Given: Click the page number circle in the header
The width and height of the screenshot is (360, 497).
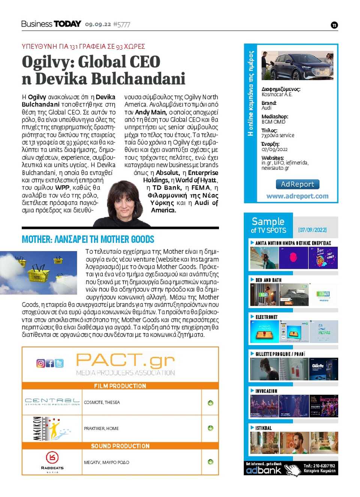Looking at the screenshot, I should pyautogui.click(x=334, y=25).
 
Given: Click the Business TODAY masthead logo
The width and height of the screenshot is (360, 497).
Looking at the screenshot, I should pyautogui.click(x=51, y=24).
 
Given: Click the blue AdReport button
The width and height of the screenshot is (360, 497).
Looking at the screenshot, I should pyautogui.click(x=297, y=184).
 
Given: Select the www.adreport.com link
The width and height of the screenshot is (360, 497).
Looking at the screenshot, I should pyautogui.click(x=297, y=196).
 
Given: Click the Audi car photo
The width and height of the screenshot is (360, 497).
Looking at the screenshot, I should pyautogui.click(x=297, y=65).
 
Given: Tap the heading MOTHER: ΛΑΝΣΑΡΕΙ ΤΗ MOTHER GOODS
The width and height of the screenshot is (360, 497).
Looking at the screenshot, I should pyautogui.click(x=88, y=240).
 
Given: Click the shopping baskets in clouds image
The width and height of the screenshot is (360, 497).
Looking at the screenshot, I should pyautogui.click(x=39, y=272).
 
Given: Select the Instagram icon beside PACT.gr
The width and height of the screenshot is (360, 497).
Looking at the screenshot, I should pyautogui.click(x=40, y=363).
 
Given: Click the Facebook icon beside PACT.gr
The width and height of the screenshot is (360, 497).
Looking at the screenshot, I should pyautogui.click(x=50, y=363).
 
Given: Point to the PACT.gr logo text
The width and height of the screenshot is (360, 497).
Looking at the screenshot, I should pyautogui.click(x=125, y=361).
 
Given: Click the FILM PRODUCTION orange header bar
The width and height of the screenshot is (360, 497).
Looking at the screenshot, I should pyautogui.click(x=120, y=386).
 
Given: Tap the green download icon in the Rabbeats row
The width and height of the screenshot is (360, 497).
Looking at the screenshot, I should pyautogui.click(x=210, y=462).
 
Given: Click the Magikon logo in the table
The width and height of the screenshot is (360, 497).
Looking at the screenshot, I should pyautogui.click(x=52, y=428).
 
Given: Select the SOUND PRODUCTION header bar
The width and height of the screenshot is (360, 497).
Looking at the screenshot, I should pyautogui.click(x=120, y=446).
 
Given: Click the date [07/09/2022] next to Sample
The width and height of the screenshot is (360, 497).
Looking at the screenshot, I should pyautogui.click(x=312, y=230).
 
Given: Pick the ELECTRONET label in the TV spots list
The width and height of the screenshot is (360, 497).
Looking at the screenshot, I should pyautogui.click(x=267, y=317).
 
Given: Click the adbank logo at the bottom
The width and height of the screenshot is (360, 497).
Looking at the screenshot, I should pyautogui.click(x=264, y=470).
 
